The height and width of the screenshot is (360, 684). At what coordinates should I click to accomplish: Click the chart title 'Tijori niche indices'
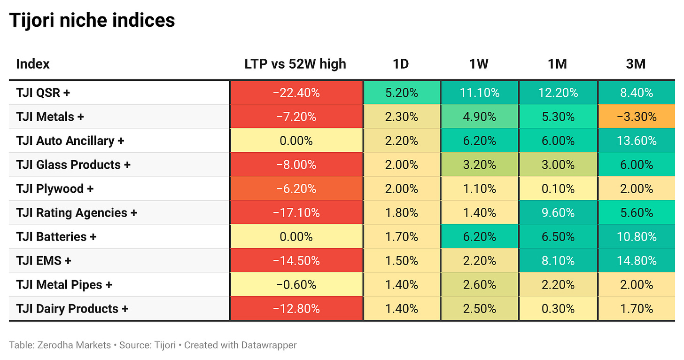(x=92, y=21)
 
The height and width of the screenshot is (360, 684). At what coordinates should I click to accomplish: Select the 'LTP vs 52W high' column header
(x=295, y=64)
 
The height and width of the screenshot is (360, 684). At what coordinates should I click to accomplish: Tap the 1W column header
(x=479, y=64)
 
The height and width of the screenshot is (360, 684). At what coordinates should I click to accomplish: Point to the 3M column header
(x=636, y=64)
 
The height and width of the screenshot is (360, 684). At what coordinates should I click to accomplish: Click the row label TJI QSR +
(x=43, y=93)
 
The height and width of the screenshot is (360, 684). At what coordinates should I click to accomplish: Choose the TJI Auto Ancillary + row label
(x=70, y=141)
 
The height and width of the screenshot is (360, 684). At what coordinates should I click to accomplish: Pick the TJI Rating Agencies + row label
(x=77, y=213)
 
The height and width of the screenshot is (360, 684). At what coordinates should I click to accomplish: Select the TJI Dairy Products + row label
(x=72, y=309)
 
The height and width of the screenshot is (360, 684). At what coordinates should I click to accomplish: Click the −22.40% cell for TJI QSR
(x=296, y=93)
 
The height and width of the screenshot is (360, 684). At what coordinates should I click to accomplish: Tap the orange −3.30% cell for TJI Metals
(x=637, y=117)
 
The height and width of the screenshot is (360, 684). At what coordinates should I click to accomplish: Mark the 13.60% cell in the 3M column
(x=637, y=141)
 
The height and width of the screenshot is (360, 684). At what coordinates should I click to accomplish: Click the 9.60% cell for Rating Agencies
(x=558, y=213)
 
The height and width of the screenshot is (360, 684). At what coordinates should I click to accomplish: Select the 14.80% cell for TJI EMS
(x=637, y=261)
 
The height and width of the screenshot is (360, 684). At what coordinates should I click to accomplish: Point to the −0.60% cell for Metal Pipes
(x=296, y=284)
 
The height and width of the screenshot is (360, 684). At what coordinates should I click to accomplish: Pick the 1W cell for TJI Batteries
(x=479, y=236)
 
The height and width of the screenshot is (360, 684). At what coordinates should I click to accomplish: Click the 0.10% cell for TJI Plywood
(x=558, y=188)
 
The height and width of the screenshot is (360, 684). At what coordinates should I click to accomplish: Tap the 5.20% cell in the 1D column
(x=402, y=93)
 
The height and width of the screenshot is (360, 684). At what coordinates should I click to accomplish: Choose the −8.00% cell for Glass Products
(x=296, y=164)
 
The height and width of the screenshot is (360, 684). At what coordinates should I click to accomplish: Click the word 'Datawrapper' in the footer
(x=269, y=345)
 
